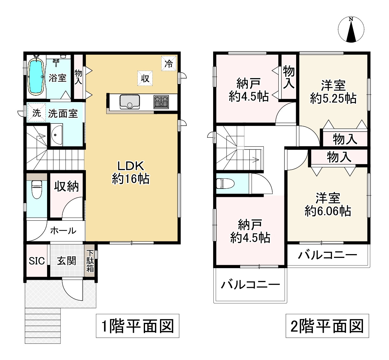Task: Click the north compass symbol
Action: pos(351,30)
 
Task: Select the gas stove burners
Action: pos(161,102)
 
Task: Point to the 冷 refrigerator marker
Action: pos(169,64)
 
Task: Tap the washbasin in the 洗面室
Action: pos(57,135)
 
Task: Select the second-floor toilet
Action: pos(225,184)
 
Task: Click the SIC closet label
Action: pos(37,261)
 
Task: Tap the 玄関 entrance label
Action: pos(66,261)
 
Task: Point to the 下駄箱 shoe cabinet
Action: pos(90,261)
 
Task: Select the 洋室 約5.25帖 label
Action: pos(333,92)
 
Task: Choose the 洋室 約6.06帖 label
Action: pos(328,204)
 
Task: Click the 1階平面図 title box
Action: pos(138,326)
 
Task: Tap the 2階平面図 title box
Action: pos(327,326)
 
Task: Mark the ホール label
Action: pos(63,231)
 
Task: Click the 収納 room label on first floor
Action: pos(66,186)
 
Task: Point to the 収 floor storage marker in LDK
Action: pos(145,78)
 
